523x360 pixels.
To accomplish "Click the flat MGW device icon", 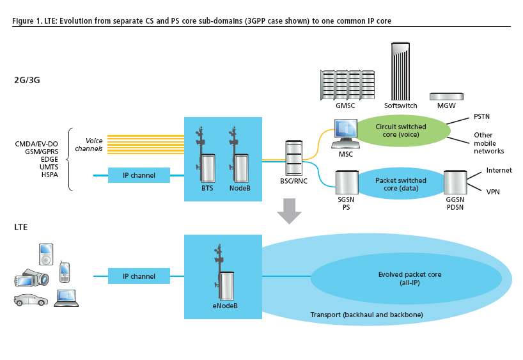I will [x=442, y=95].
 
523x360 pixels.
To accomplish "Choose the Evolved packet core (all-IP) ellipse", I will [x=406, y=278].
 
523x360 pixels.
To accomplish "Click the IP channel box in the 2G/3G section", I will [x=139, y=174].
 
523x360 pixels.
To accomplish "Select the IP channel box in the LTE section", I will [x=139, y=276].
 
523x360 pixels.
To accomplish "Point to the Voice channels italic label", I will [x=94, y=145].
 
